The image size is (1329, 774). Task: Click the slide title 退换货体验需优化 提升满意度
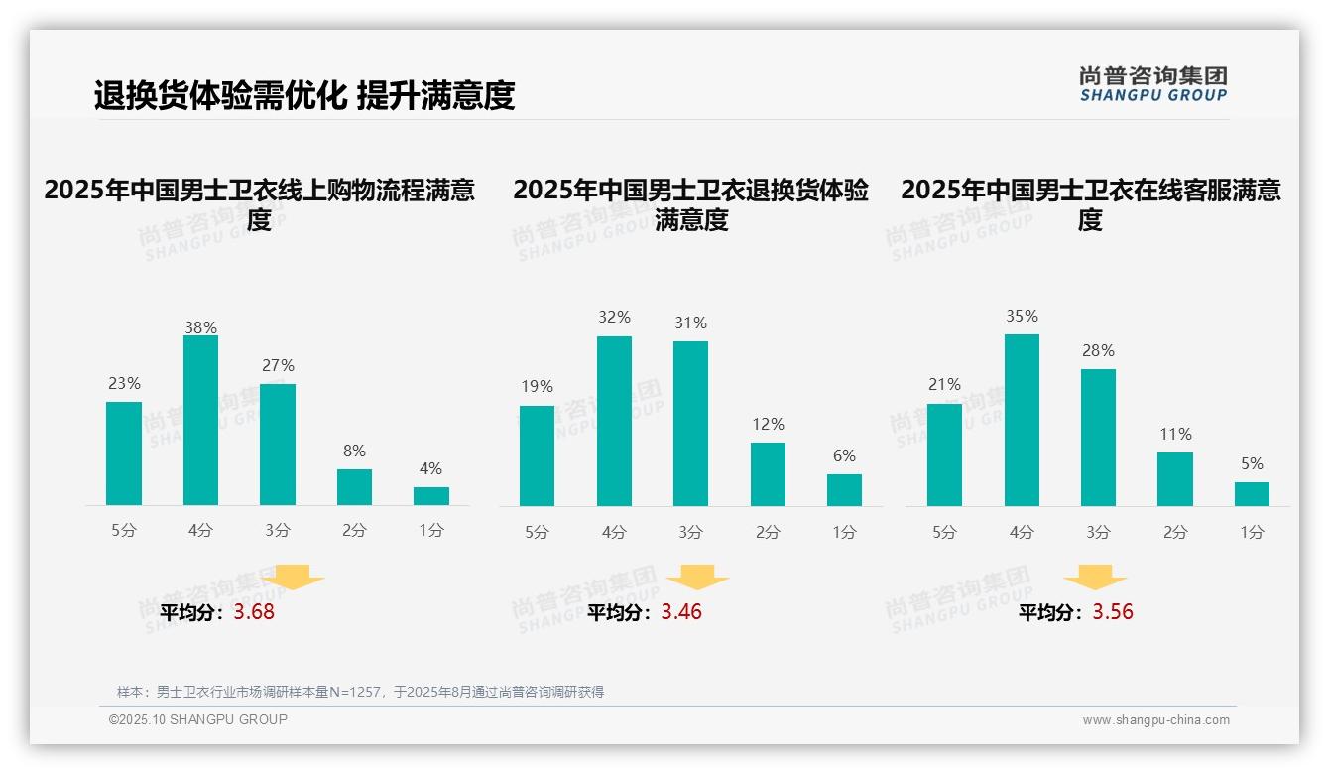pos(303,95)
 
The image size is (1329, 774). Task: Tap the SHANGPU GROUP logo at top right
pos(1152,84)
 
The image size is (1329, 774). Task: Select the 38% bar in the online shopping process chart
pos(200,421)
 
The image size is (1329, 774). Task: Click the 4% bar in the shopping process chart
pos(431,496)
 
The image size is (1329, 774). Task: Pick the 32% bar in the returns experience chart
pos(614,421)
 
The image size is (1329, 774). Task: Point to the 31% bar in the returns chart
pos(690,424)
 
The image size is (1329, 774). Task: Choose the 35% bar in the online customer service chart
pos(1022,420)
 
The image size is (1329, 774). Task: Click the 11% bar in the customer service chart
pos(1175,479)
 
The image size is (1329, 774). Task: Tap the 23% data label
pos(124,383)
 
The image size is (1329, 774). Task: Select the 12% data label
pos(768,424)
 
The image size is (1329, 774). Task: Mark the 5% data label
pos(1252,463)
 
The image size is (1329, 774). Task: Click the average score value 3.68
pos(254,612)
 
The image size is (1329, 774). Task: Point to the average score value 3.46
pos(681,612)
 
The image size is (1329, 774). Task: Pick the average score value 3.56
pos(1113,612)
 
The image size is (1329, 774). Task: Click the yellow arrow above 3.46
pos(697,578)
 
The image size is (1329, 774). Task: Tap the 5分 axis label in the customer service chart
pos(944,532)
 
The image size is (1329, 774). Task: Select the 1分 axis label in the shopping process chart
pos(431,530)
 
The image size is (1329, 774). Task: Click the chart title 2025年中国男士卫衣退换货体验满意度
pos(690,204)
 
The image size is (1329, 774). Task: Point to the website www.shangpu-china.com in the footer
pos(1155,720)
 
